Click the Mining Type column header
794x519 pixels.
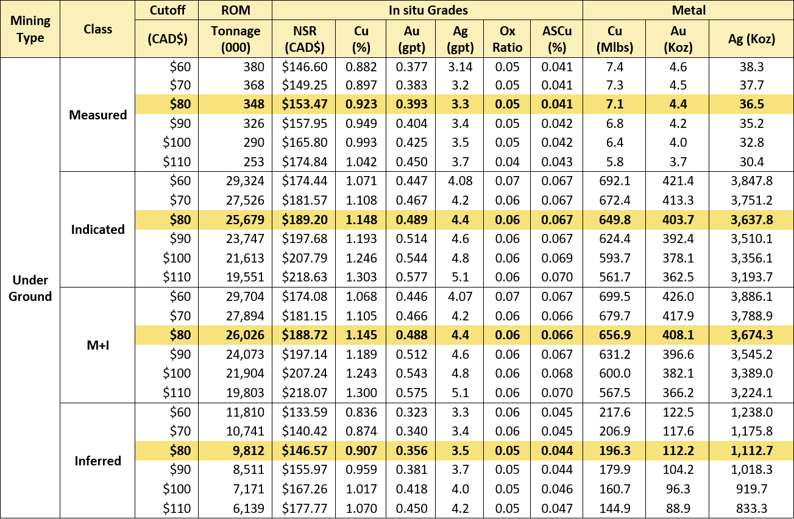click(30, 29)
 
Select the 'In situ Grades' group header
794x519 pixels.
click(428, 10)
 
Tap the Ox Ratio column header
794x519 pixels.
click(507, 39)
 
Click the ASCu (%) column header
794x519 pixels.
click(557, 39)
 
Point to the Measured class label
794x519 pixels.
click(98, 115)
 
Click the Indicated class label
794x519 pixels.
click(98, 230)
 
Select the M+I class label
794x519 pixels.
click(98, 345)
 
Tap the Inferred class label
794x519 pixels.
click(98, 461)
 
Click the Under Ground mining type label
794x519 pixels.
click(30, 288)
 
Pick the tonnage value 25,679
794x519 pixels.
click(246, 220)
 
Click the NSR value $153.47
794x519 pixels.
click(305, 104)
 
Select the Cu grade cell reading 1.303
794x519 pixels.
click(361, 277)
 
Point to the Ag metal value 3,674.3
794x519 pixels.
click(751, 335)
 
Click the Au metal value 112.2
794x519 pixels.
click(678, 451)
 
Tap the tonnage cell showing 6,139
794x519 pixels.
click(249, 509)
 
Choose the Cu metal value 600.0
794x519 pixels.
click(615, 373)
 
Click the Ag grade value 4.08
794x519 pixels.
click(460, 181)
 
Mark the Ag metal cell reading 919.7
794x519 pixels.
click(751, 489)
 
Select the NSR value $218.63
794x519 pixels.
click(305, 277)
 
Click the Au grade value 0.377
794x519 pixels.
click(411, 67)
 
